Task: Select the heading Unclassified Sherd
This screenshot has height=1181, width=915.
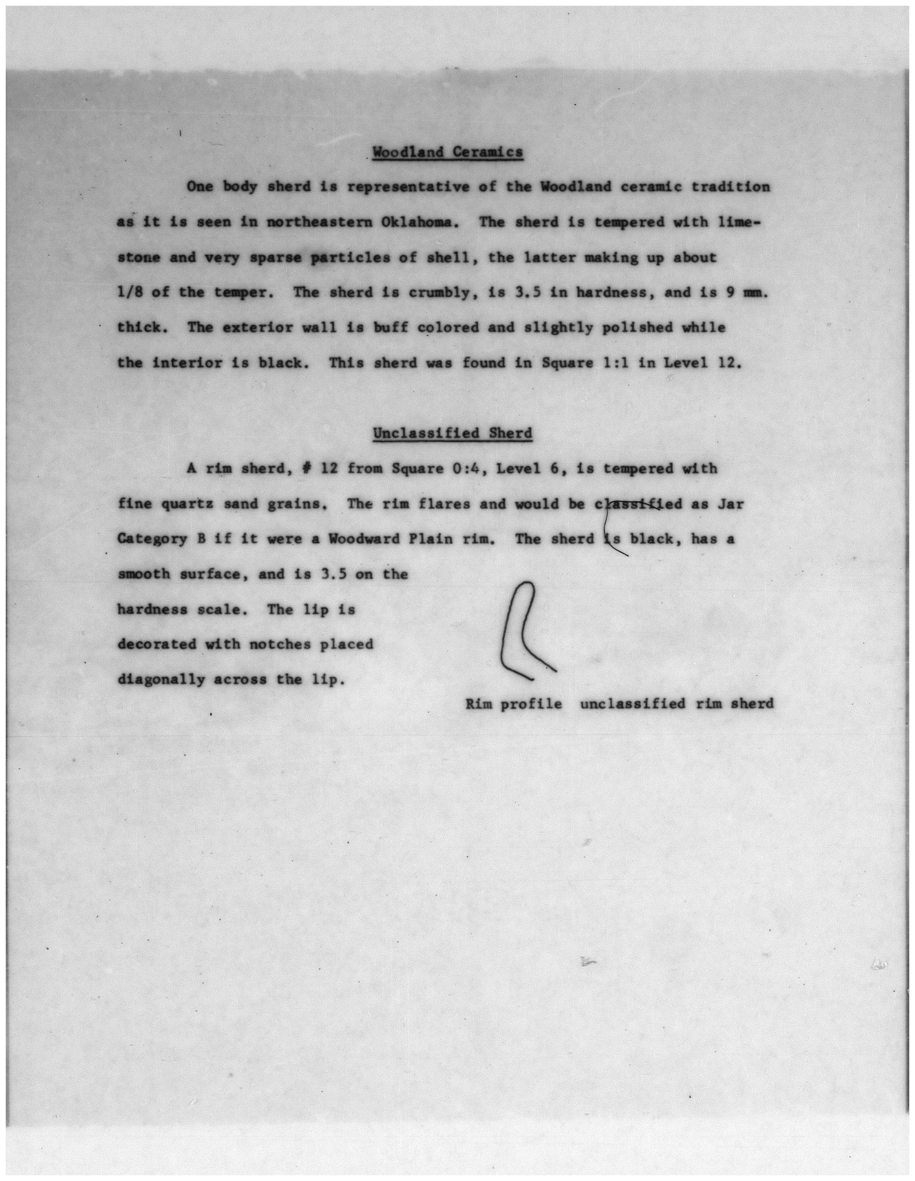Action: [452, 433]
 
